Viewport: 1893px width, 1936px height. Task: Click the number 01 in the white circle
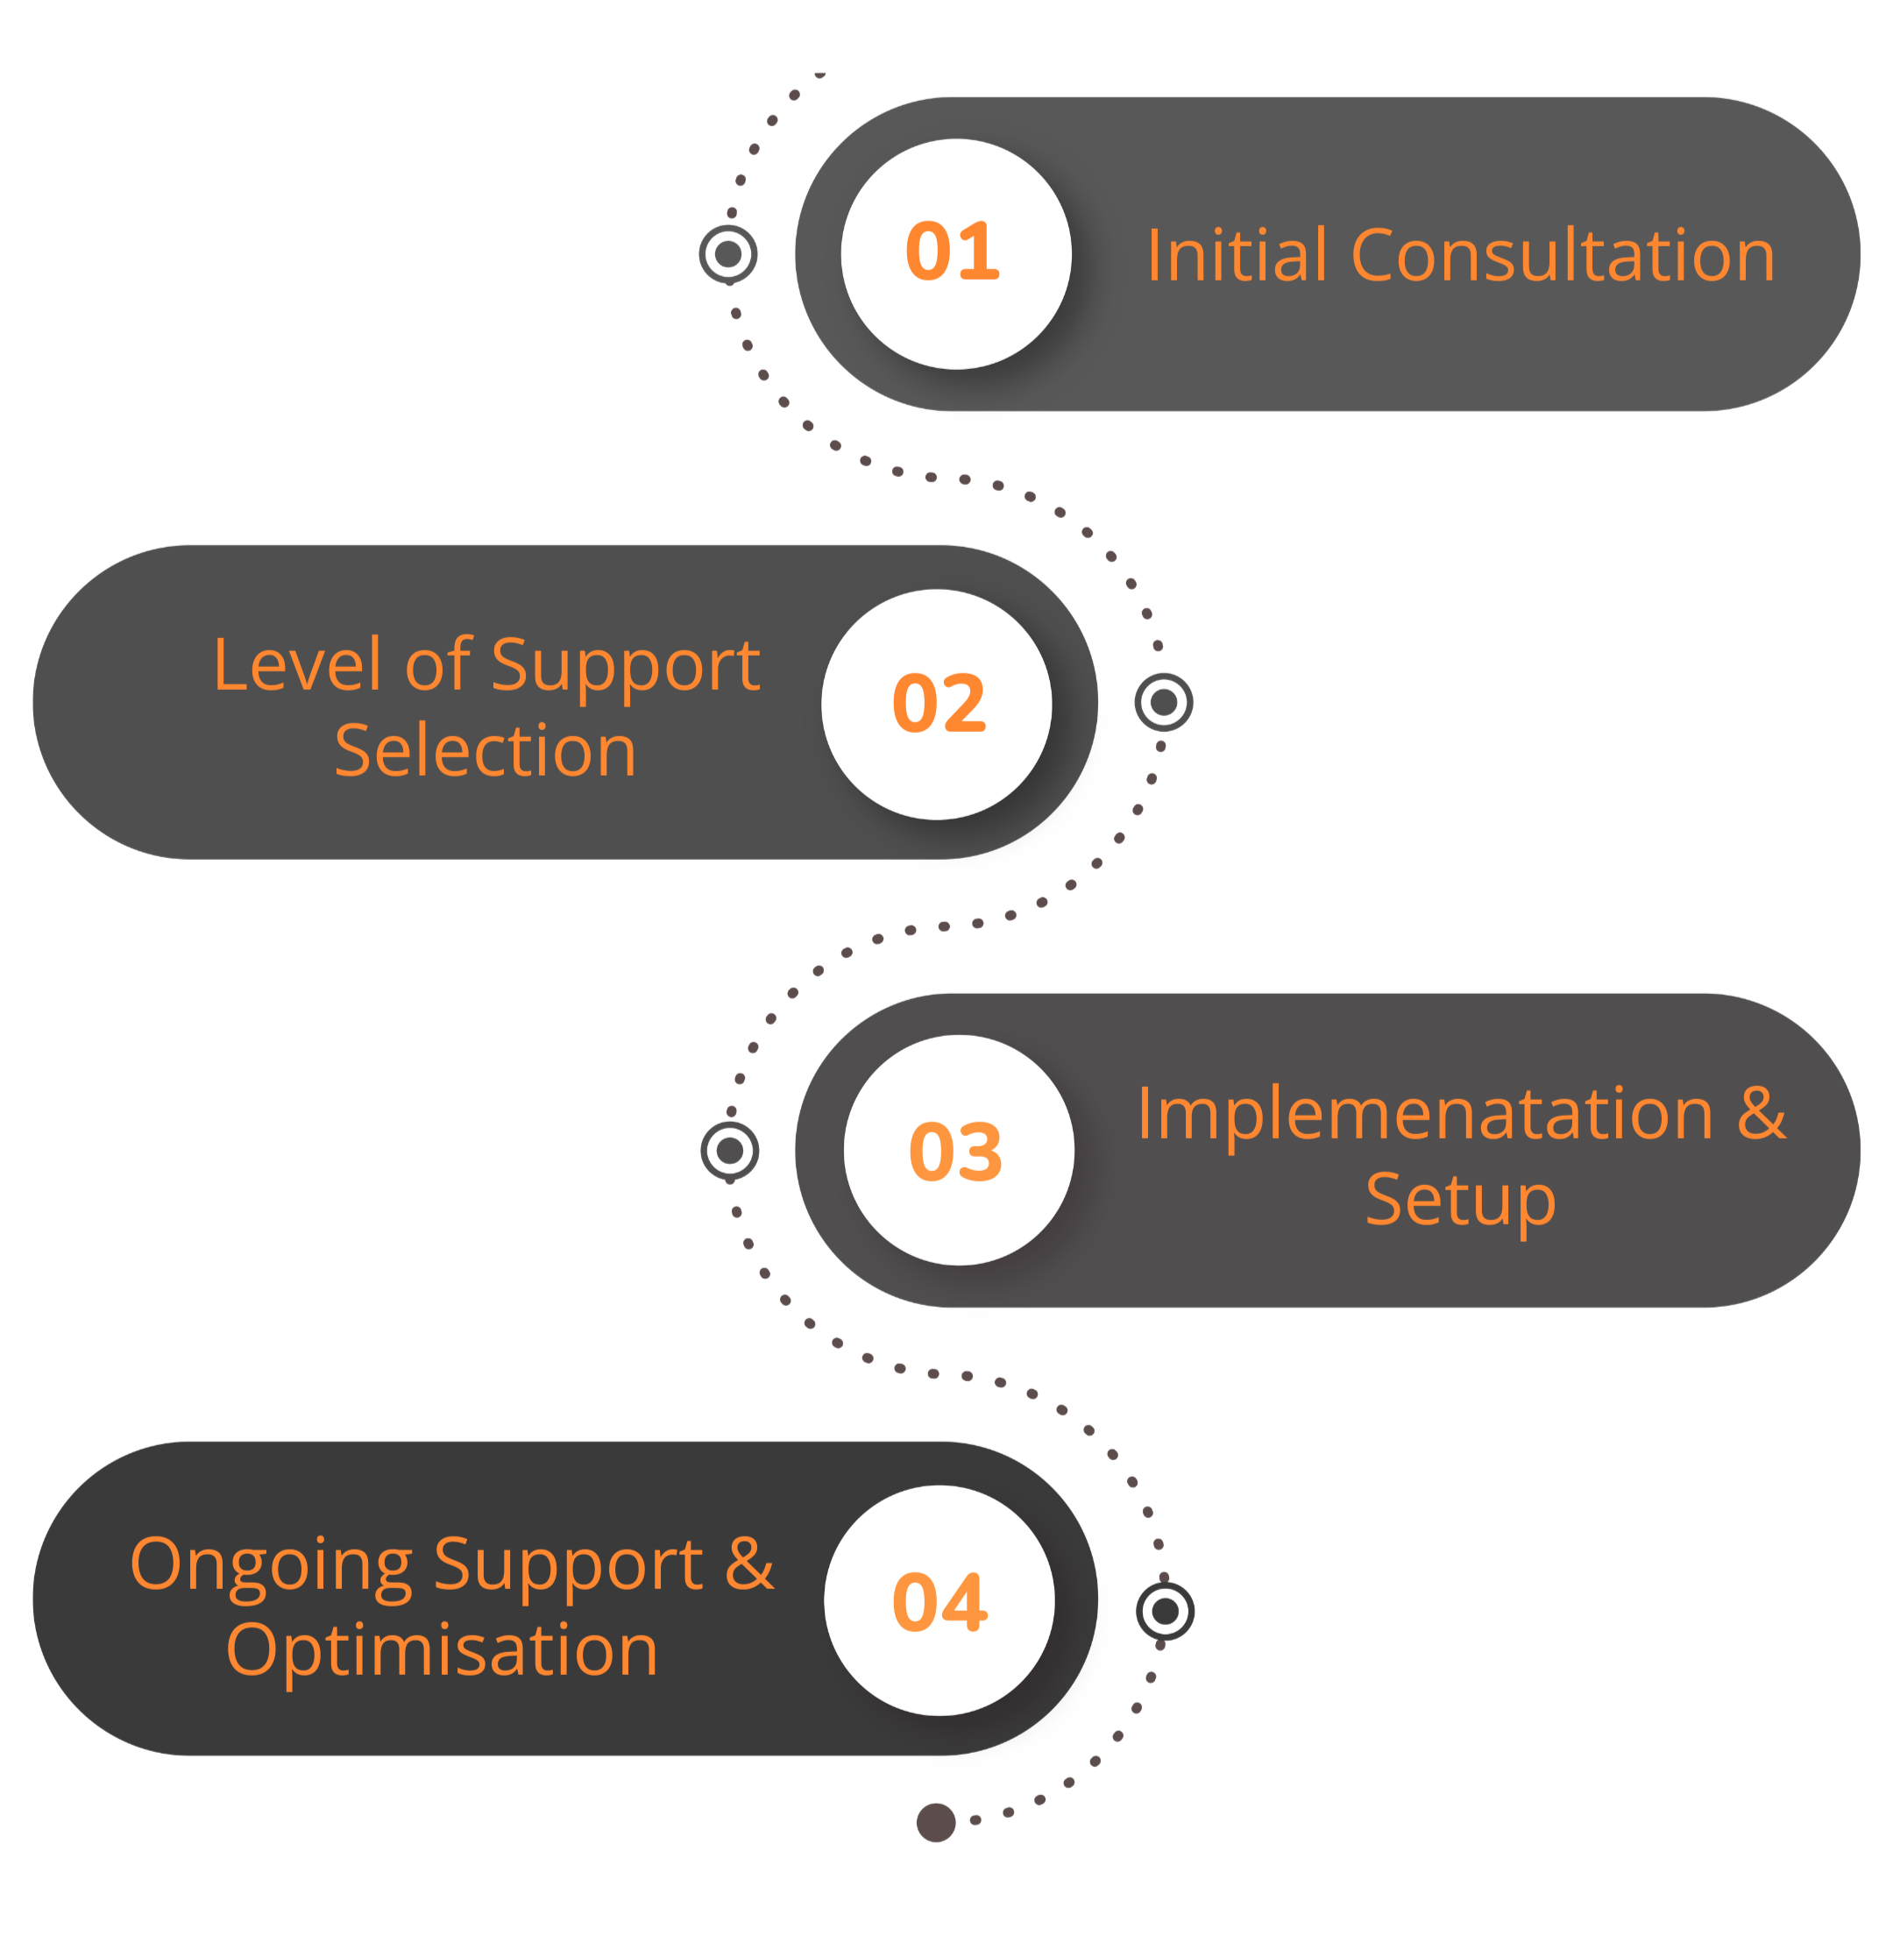point(952,252)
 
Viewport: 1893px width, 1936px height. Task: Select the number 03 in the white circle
point(955,1152)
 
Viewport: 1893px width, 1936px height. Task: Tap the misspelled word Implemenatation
point(1425,1114)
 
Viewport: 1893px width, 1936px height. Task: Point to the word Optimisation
point(443,1650)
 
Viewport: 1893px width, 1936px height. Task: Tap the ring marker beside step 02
point(1163,703)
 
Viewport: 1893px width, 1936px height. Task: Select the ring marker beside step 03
point(730,1152)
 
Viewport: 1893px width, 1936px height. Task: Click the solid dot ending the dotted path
point(936,1823)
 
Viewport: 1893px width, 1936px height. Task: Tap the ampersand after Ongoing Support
point(748,1564)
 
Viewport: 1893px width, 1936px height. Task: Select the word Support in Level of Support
point(626,666)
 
